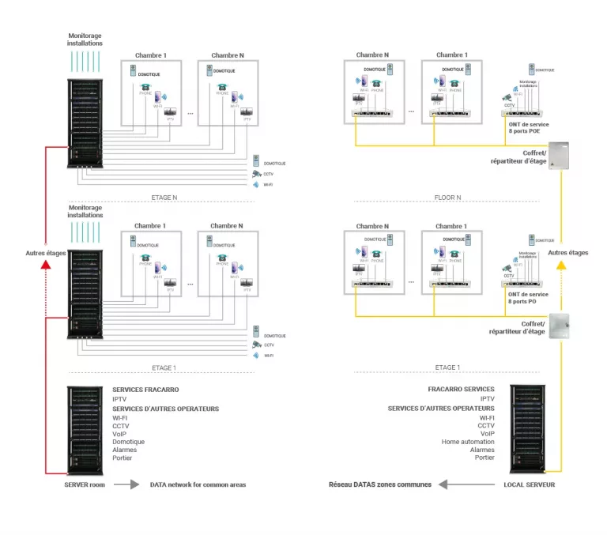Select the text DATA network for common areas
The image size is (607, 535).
click(198, 484)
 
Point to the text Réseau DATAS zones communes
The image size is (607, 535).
click(380, 484)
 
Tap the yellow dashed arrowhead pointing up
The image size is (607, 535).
click(561, 266)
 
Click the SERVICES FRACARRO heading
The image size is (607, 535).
click(145, 390)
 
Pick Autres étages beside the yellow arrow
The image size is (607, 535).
click(567, 253)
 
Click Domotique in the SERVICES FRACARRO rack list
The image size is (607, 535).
click(128, 441)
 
